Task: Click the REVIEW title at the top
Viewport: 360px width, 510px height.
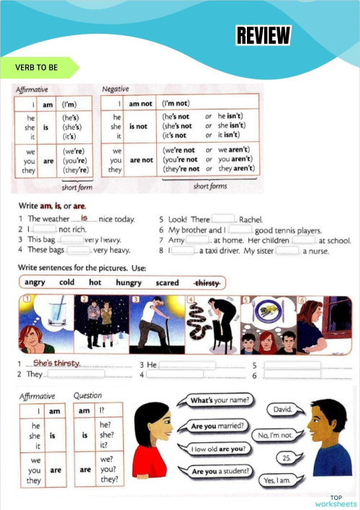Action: [x=264, y=35]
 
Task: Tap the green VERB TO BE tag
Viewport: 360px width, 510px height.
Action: [x=37, y=67]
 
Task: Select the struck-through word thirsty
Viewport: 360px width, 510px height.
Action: [x=207, y=282]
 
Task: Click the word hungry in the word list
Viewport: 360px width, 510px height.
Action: [x=128, y=282]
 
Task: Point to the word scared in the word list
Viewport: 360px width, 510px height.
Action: [x=167, y=282]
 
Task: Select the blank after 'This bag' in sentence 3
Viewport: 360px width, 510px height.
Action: [x=71, y=240]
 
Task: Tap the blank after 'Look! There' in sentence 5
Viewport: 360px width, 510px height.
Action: [x=223, y=219]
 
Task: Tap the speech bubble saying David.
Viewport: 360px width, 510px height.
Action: [x=282, y=409]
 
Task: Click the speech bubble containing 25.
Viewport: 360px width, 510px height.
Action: [x=287, y=457]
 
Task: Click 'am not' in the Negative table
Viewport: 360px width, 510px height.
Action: [x=141, y=104]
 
